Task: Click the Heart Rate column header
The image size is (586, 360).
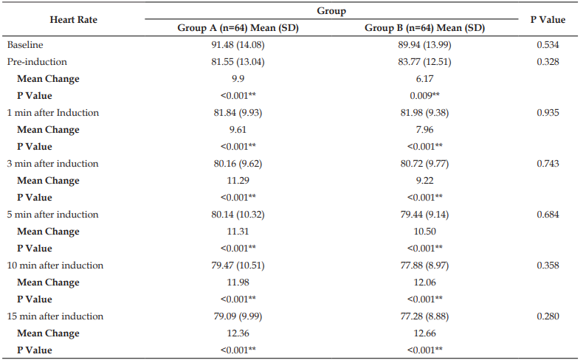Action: coord(74,20)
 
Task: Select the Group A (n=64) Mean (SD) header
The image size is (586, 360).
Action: coord(238,28)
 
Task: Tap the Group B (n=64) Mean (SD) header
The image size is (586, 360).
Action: coord(424,28)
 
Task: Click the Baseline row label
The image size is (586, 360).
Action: coord(25,45)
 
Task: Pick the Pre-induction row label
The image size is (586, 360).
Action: coord(37,62)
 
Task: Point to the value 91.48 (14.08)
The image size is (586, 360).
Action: coord(238,45)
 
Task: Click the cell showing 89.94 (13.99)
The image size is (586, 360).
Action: coord(424,45)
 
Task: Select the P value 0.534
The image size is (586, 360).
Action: coord(548,45)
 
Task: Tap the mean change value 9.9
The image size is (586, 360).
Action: coord(238,79)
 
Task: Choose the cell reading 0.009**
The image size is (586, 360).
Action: coord(424,96)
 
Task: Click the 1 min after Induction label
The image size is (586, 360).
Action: coord(53,113)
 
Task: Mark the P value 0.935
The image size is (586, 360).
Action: coord(548,113)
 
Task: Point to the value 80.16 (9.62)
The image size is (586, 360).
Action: coord(238,164)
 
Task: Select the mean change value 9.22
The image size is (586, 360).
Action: coord(424,181)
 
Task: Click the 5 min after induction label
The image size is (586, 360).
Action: coord(52,215)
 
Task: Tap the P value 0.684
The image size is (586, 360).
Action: coord(548,215)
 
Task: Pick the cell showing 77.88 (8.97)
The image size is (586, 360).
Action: coord(424,266)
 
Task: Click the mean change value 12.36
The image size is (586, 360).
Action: coord(238,333)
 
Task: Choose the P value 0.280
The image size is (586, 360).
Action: coord(548,316)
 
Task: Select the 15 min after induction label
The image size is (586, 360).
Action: coord(55,316)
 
